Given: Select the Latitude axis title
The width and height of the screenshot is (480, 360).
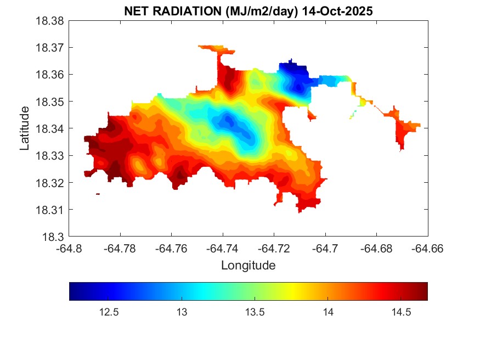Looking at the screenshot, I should click(x=25, y=129).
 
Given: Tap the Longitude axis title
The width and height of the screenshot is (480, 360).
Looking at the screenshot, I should click(x=248, y=266).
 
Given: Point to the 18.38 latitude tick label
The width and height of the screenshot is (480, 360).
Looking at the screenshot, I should click(x=50, y=21).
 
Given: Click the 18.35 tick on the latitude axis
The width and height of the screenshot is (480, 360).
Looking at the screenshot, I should click(x=50, y=102).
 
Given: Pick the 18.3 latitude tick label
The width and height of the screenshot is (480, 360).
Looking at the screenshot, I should click(x=54, y=237).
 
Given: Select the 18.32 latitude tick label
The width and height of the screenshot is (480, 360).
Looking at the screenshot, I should click(x=50, y=183).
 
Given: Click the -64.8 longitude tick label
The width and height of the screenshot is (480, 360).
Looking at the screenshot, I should click(x=69, y=248).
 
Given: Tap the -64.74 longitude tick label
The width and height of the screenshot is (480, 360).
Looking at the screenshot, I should click(x=223, y=248).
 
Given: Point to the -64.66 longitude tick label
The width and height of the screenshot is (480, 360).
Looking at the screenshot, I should click(x=427, y=248).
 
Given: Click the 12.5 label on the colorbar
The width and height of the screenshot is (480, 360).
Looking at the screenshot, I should click(x=109, y=312).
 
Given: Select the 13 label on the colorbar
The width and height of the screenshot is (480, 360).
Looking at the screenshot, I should click(x=182, y=312).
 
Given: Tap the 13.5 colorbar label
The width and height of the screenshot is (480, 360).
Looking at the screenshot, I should click(x=255, y=312).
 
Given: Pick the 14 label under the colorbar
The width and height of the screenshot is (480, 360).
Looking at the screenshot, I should click(x=327, y=312).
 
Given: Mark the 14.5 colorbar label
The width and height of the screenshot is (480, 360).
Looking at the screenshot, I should click(x=400, y=312).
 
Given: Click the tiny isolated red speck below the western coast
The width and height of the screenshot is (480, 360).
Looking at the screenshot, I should click(x=98, y=194).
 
